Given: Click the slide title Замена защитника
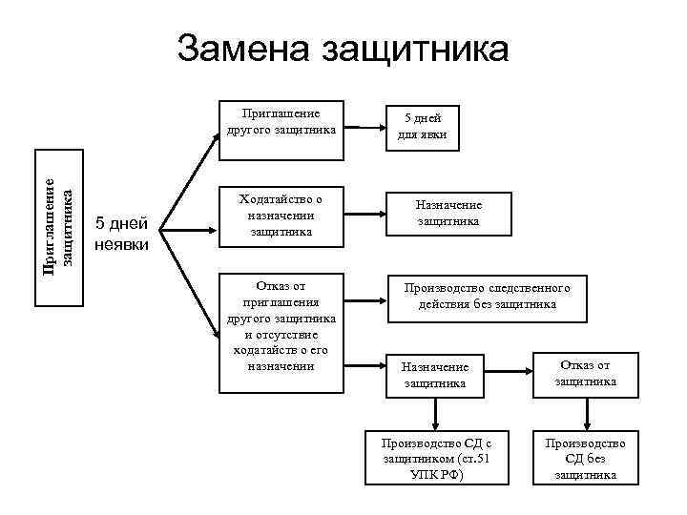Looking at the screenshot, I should point(343,50).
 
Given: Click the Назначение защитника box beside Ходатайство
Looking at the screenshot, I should point(448,214).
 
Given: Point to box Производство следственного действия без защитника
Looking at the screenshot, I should point(487,296).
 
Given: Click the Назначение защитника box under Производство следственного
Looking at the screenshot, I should point(434,374).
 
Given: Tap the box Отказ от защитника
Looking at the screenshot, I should point(585,373).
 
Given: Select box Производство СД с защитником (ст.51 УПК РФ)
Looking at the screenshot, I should point(435,458).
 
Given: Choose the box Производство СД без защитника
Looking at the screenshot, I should point(585,458).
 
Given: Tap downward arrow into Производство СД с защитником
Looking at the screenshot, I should point(435,412).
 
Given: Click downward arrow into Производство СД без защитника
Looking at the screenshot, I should point(585,412).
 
